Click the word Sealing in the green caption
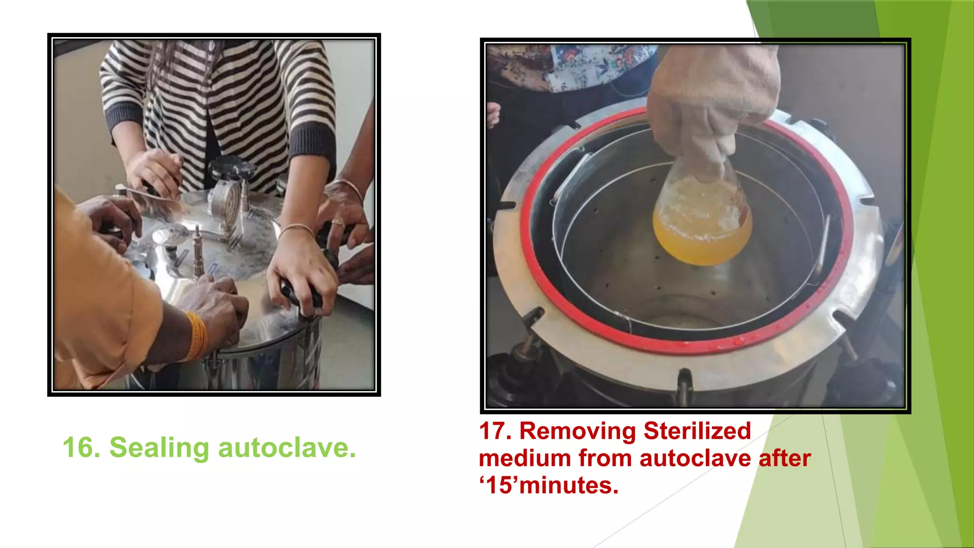coord(159,449)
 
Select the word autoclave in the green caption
coord(287,448)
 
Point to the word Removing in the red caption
coord(577,431)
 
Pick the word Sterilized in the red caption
coord(697,431)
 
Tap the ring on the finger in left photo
coord(338,222)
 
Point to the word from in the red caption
coord(605,458)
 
